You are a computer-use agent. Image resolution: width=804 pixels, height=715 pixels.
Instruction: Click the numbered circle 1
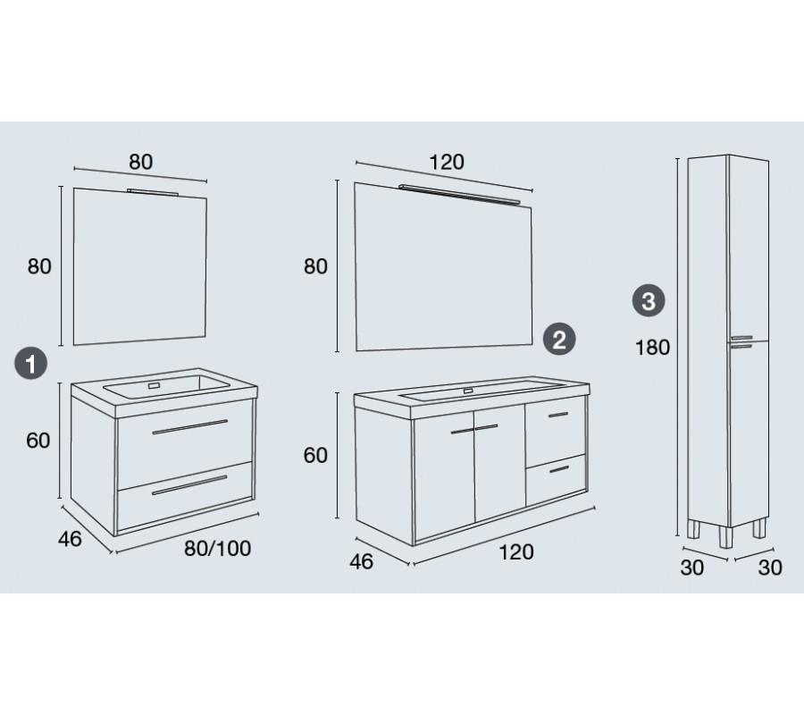click(30, 363)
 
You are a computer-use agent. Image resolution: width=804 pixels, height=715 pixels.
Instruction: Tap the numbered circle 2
click(559, 339)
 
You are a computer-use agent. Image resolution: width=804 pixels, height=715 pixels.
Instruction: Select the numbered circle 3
click(649, 300)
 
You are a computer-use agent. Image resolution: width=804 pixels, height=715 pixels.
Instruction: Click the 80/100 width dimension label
click(217, 548)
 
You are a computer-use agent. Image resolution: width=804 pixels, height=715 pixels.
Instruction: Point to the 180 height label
click(652, 348)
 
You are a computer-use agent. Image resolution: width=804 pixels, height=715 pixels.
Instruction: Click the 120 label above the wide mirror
click(446, 162)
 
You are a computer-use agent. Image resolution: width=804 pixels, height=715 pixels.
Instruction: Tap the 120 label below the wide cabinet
click(515, 552)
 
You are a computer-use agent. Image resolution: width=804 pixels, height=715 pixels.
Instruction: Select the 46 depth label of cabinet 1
click(70, 539)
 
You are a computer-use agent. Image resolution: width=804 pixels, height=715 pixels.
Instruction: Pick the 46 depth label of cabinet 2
click(361, 561)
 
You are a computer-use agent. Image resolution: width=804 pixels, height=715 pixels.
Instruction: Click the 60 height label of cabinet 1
click(38, 441)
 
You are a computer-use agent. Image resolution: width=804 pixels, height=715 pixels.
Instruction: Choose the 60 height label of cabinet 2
click(315, 456)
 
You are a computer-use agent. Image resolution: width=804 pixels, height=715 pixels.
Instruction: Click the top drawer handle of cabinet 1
click(189, 426)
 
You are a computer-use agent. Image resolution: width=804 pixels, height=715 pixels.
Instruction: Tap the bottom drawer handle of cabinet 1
click(189, 485)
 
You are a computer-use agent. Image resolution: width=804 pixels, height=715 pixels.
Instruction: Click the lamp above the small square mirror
click(153, 192)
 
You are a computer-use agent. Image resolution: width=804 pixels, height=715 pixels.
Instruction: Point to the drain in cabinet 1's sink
click(155, 385)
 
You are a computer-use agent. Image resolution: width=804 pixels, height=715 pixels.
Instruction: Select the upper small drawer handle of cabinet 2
click(557, 415)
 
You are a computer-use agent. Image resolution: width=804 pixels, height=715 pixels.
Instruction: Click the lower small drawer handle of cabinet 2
click(559, 469)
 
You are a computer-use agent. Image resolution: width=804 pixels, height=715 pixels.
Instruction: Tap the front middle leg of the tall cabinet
click(725, 536)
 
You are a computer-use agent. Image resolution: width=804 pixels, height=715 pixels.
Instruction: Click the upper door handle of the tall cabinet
click(741, 338)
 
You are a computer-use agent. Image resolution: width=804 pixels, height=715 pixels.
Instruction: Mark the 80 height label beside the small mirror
click(39, 266)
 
